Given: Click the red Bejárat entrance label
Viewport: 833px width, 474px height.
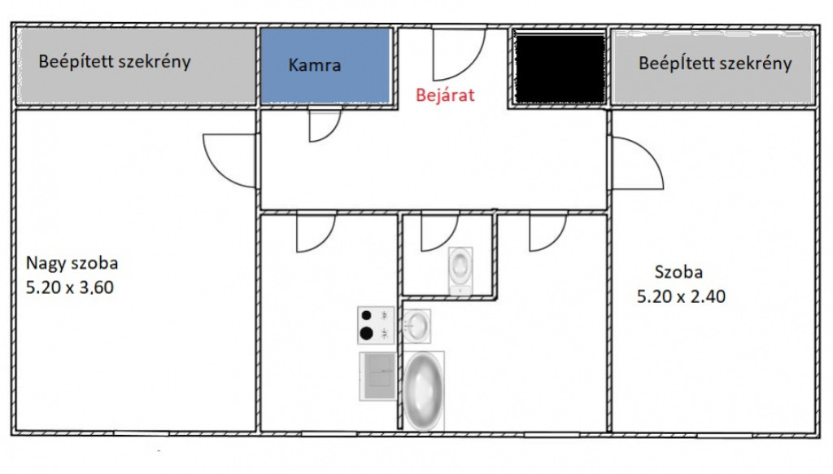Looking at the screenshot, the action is tap(445, 95).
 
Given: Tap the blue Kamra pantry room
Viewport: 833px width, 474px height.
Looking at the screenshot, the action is tap(325, 65).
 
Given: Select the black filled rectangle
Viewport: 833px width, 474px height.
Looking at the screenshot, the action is tap(560, 67).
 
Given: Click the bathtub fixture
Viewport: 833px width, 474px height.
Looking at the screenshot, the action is tap(423, 390).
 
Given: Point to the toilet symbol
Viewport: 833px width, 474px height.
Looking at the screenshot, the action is tap(460, 270).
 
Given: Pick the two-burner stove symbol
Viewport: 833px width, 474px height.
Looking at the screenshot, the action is tap(376, 325).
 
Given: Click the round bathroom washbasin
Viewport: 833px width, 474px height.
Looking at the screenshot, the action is tap(417, 326).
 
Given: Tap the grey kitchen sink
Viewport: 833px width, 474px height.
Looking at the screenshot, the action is tap(377, 375).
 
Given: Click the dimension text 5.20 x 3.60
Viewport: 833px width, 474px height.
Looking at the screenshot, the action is tap(70, 287).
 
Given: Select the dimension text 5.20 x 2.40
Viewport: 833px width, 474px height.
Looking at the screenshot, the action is tap(681, 296).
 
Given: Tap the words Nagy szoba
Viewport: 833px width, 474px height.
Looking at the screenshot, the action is tap(72, 263).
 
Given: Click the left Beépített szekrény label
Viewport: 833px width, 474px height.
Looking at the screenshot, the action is tap(114, 62).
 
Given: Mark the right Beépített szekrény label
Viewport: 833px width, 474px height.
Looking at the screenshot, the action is tap(715, 64).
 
